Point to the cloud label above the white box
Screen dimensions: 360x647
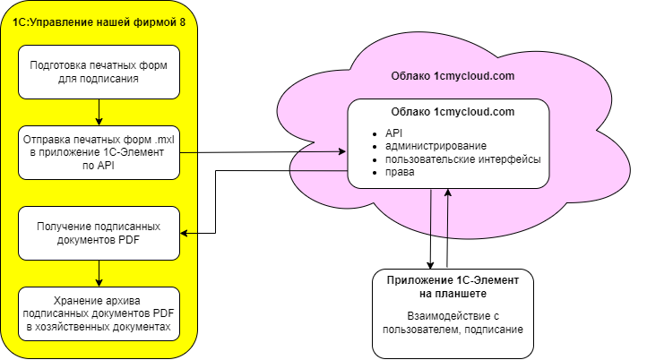click(452, 76)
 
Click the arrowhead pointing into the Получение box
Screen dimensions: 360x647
click(185, 233)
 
